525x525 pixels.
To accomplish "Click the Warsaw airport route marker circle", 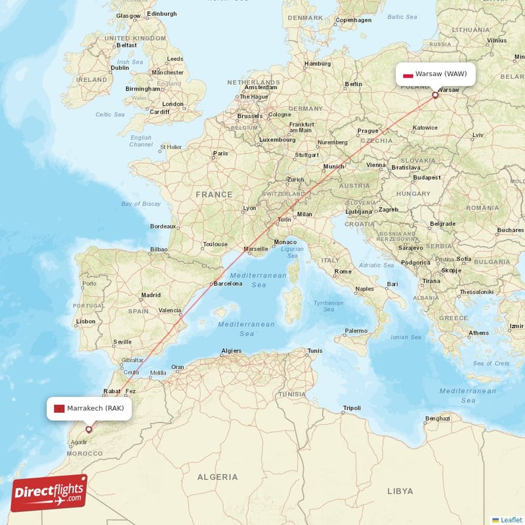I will pos(434,95).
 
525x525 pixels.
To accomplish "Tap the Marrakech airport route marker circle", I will pos(89,429).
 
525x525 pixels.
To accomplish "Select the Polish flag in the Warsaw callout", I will pos(408,74).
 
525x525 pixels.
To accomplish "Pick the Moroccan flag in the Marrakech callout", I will pos(58,408).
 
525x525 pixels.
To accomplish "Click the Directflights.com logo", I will pos(49,493).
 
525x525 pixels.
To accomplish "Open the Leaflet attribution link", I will pos(511,519).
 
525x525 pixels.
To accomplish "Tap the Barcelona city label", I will pos(228,284).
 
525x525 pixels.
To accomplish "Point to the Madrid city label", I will pos(150,295).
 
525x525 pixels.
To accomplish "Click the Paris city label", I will pos(220,154).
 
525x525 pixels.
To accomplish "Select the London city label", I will pos(173,104).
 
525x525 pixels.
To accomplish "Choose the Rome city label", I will pos(343,271).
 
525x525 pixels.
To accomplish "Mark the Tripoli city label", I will pos(352,408).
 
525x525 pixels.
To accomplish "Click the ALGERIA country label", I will pos(217,476).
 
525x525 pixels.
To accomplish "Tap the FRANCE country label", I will pos(213,194).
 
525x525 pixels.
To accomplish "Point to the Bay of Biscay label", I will pos(140,204).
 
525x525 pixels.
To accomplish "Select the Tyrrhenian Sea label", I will pos(328,306).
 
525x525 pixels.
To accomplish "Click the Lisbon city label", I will pos(86,322).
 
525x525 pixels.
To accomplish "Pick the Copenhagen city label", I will pos(354,20).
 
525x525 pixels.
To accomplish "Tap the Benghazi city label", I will pos(438,418).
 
